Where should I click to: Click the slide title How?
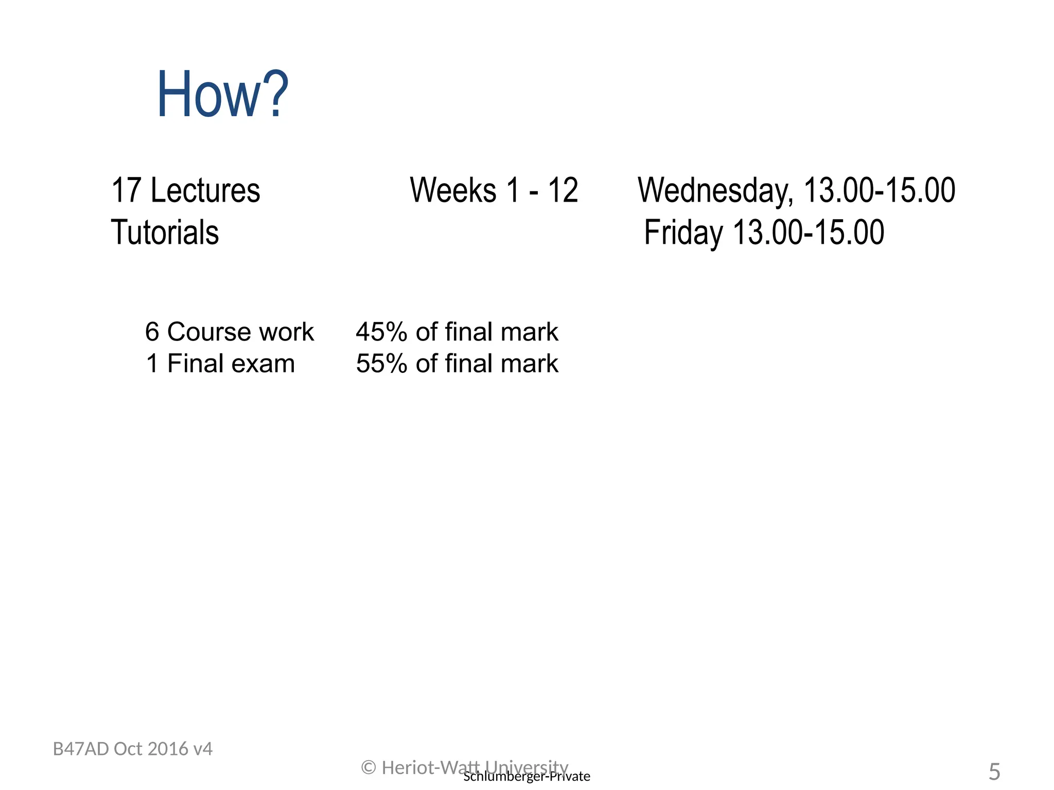pyautogui.click(x=222, y=95)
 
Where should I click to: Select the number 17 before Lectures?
pyautogui.click(x=126, y=190)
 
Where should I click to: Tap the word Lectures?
pyautogui.click(x=205, y=190)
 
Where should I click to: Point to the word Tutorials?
pyautogui.click(x=165, y=232)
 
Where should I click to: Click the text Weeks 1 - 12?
pyautogui.click(x=494, y=190)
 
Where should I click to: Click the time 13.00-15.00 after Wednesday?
pyautogui.click(x=879, y=190)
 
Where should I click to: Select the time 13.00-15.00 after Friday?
pyautogui.click(x=808, y=232)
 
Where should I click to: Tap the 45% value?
pyautogui.click(x=381, y=332)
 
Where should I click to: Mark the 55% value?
pyautogui.click(x=381, y=364)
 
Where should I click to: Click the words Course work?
pyautogui.click(x=240, y=332)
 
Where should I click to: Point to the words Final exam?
pyautogui.click(x=231, y=364)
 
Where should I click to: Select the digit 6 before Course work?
pyautogui.click(x=152, y=332)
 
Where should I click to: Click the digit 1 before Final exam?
pyautogui.click(x=152, y=364)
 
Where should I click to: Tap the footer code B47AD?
pyautogui.click(x=81, y=749)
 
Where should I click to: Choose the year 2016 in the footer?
pyautogui.click(x=164, y=749)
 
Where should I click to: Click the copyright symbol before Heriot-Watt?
pyautogui.click(x=368, y=767)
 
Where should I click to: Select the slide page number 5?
pyautogui.click(x=994, y=772)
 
